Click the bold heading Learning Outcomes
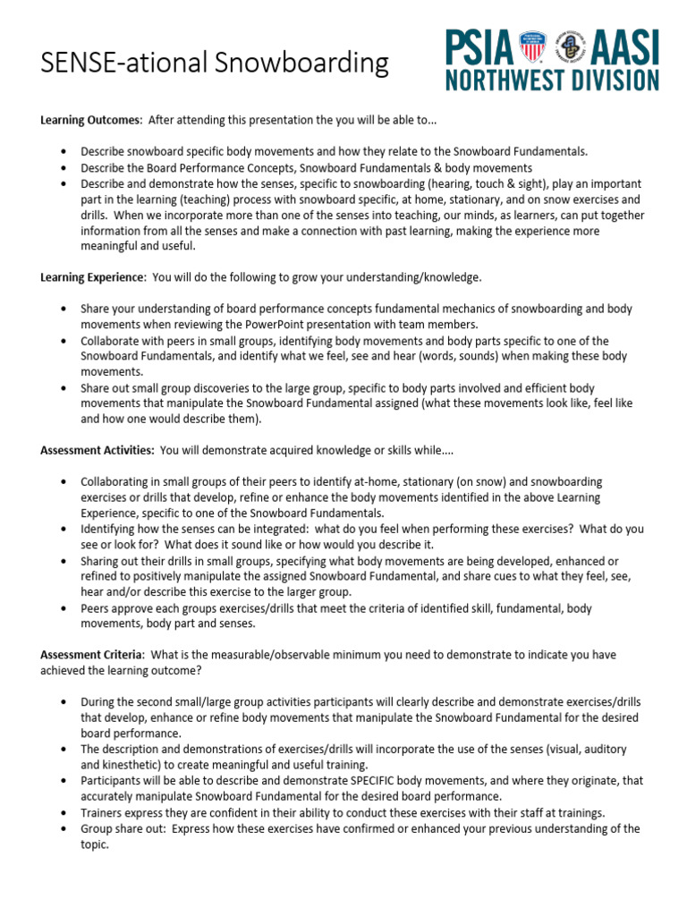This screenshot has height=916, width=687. click(90, 120)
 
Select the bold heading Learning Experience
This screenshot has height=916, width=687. click(92, 277)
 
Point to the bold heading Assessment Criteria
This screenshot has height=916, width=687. click(94, 655)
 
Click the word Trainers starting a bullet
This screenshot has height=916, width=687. click(103, 812)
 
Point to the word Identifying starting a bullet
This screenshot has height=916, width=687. click(110, 529)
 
